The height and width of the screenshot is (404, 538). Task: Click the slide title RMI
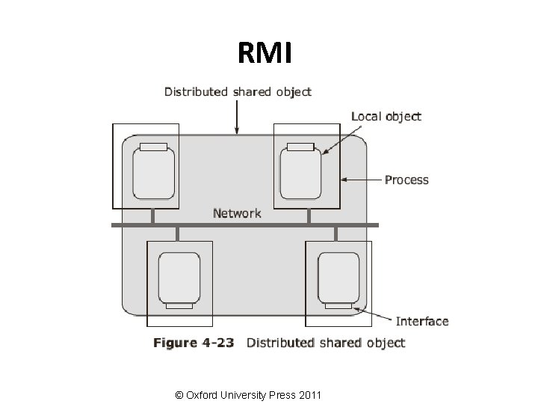click(268, 53)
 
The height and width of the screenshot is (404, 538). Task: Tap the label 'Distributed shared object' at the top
click(238, 92)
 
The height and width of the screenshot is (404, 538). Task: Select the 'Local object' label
click(386, 116)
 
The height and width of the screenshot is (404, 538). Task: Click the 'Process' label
click(406, 180)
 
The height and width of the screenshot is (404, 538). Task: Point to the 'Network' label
click(237, 213)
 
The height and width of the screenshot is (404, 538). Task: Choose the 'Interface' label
click(421, 322)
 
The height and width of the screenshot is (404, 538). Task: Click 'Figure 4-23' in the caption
click(194, 343)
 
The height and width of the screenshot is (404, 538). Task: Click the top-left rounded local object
click(153, 173)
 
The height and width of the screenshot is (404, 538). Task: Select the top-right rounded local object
click(300, 173)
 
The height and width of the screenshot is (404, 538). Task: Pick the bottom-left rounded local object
click(179, 276)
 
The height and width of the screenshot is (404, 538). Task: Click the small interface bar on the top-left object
click(153, 147)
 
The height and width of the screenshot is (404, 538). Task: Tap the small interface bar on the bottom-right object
click(338, 304)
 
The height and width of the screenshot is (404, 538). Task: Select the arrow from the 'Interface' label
click(374, 315)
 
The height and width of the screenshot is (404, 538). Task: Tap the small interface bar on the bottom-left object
click(179, 304)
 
